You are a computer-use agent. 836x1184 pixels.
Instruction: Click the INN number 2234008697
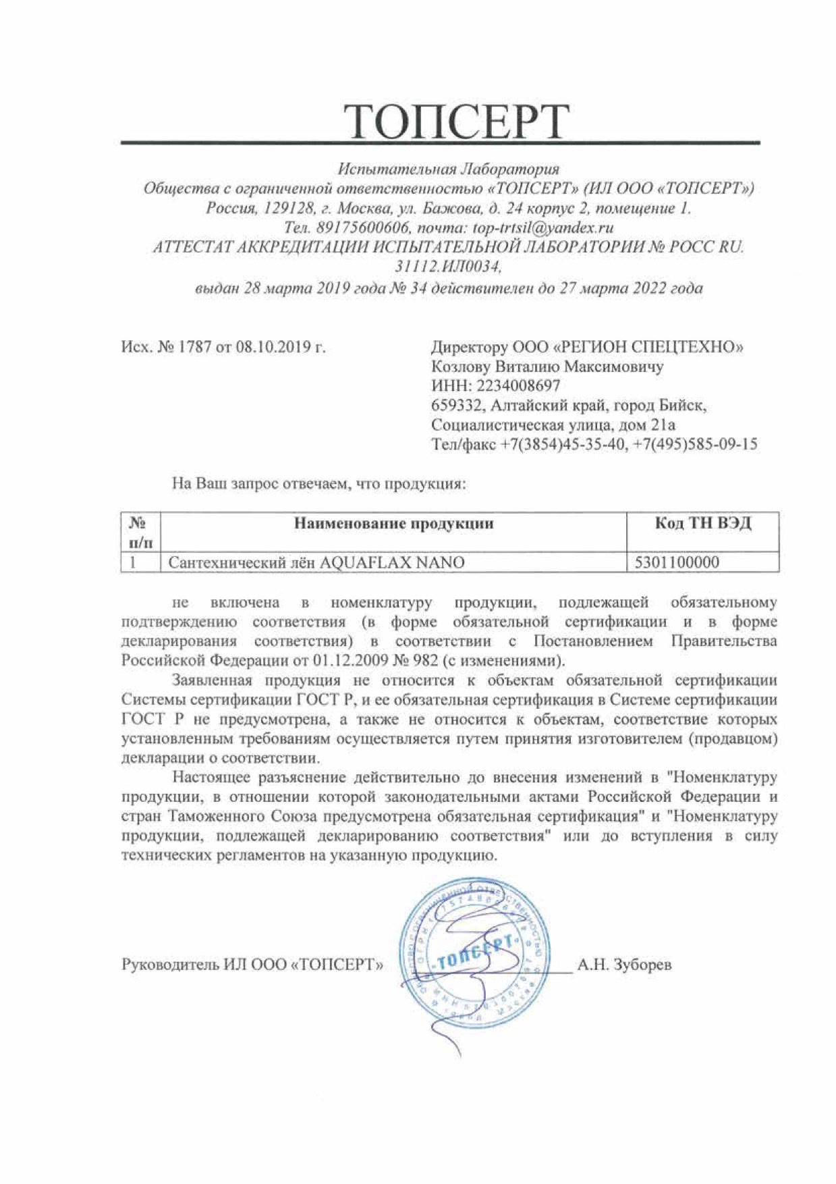[x=518, y=386]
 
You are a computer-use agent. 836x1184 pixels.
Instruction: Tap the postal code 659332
[x=457, y=406]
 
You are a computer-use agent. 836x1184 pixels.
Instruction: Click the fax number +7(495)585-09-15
[x=696, y=444]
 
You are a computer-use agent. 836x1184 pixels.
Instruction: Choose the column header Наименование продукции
[x=393, y=523]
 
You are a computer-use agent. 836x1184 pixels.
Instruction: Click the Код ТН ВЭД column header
[x=702, y=523]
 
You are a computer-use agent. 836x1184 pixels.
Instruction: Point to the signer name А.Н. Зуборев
[x=624, y=965]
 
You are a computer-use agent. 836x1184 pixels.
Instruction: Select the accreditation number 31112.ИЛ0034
[x=447, y=267]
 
